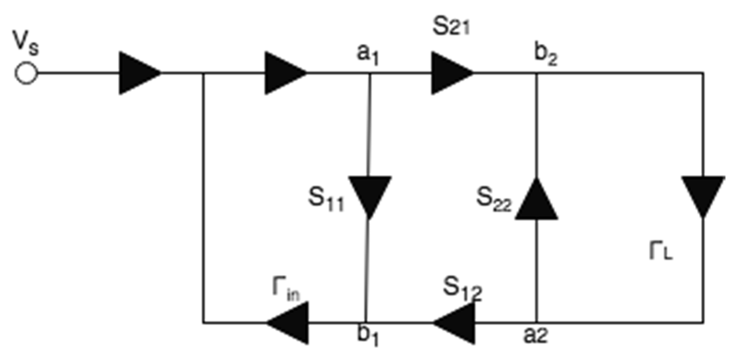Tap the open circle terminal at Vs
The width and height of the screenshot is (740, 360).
26,73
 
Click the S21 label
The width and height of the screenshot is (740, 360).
451,27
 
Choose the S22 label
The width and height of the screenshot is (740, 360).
493,200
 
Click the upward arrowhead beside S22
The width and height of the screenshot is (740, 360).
536,200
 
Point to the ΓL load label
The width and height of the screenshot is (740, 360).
661,252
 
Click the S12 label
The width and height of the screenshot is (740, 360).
462,289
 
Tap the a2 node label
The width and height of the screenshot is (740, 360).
535,336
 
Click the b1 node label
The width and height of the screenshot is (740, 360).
368,336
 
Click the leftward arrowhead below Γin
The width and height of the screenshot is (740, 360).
288,322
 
